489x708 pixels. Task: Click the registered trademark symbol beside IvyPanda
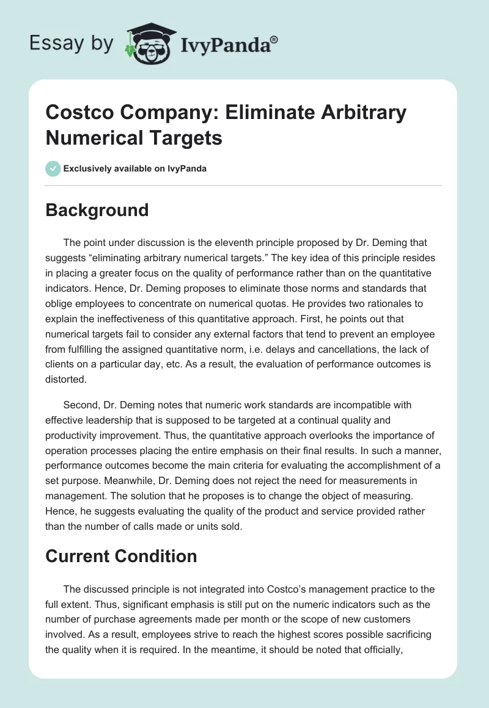pyautogui.click(x=274, y=38)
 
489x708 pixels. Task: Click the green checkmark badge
pyautogui.click(x=53, y=168)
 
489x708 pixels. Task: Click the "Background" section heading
pyautogui.click(x=97, y=210)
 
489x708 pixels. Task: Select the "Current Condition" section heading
pyautogui.click(x=121, y=556)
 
